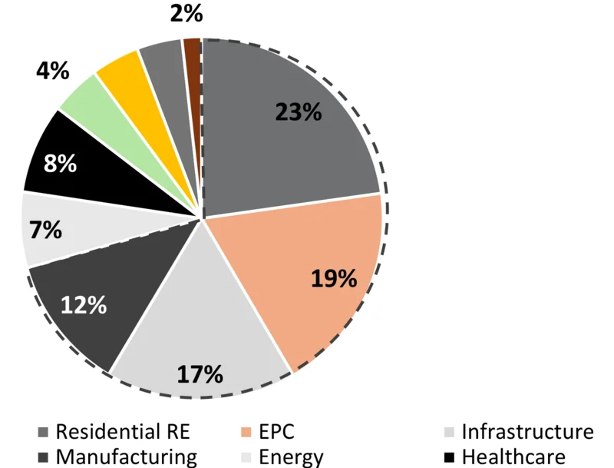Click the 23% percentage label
(x=299, y=112)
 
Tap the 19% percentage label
(x=335, y=278)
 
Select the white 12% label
(x=84, y=304)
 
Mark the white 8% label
(x=60, y=164)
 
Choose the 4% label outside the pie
(x=53, y=72)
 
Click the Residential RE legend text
(x=122, y=431)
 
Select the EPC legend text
(x=276, y=431)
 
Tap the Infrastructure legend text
(x=527, y=431)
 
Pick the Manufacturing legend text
(x=126, y=456)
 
